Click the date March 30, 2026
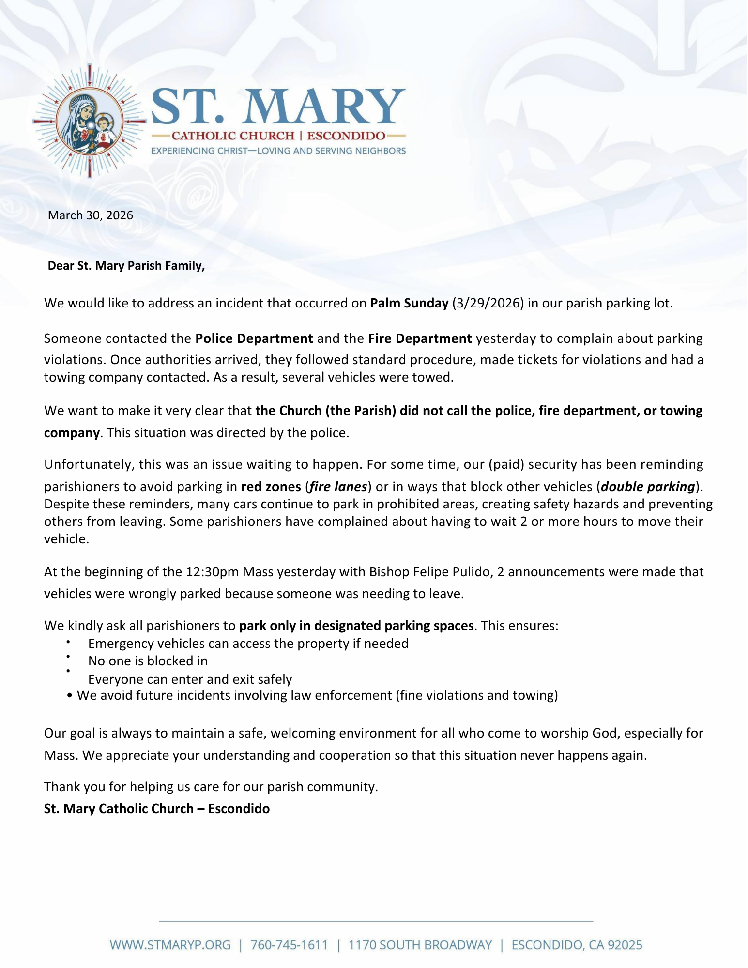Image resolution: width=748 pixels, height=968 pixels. (90, 215)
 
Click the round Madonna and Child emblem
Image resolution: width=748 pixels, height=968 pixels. (89, 121)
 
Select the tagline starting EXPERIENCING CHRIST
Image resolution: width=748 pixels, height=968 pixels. (278, 151)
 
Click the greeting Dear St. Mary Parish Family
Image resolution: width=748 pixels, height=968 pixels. (126, 266)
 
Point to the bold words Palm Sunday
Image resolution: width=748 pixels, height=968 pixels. (409, 303)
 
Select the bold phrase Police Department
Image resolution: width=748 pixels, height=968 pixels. (254, 338)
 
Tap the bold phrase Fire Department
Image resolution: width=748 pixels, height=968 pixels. (420, 338)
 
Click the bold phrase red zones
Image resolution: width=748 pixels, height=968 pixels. (271, 486)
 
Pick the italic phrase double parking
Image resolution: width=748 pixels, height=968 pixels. (648, 486)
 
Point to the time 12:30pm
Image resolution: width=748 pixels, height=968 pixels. (212, 572)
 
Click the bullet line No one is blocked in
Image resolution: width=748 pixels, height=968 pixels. (148, 661)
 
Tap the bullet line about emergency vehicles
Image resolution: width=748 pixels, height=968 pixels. (248, 644)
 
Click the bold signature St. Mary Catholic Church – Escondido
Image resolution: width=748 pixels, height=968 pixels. (157, 809)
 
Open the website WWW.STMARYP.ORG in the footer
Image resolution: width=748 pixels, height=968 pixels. (170, 945)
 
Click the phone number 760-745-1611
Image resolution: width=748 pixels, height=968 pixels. (289, 945)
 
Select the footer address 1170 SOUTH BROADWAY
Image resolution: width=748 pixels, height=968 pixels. (420, 945)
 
